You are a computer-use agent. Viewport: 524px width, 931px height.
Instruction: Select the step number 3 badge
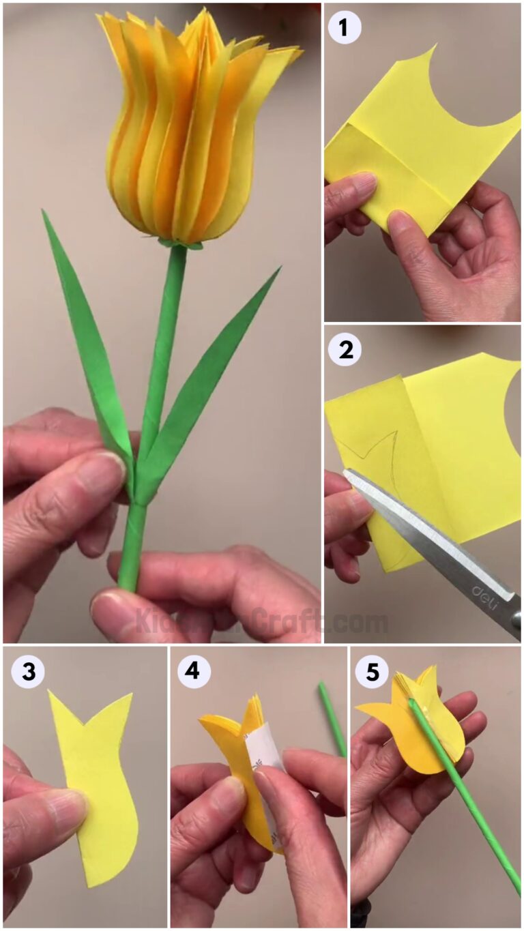28,672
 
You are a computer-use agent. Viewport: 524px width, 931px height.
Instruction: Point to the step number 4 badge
194,672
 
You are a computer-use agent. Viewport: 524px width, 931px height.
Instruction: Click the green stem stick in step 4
332,716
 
